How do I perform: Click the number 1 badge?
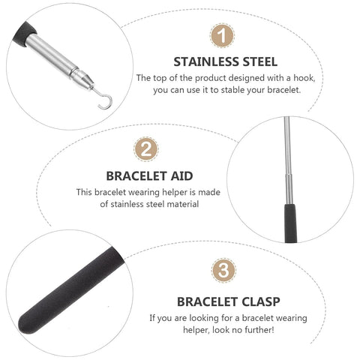[220, 35]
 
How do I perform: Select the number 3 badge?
[222, 271]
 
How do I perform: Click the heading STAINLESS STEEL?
[226, 61]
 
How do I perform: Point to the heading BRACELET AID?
[149, 175]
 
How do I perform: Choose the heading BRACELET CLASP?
[229, 301]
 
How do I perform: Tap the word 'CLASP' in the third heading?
[256, 301]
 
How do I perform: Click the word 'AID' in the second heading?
[181, 175]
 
